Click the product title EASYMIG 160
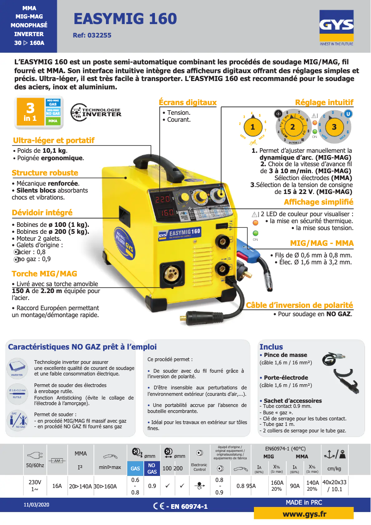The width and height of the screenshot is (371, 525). pos(125,19)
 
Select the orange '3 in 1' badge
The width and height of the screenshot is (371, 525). pos(30,112)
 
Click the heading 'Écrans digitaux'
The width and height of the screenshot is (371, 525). pos(187,102)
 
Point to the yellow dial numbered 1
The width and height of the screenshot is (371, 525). pos(253,126)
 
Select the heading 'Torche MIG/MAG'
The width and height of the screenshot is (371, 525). pos(44,274)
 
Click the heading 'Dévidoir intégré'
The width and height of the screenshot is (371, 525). pos(42,212)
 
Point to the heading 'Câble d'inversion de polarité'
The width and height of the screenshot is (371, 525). pos(299,305)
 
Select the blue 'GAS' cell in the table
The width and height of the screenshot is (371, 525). pos(135,468)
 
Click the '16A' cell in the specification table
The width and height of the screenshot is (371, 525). pos(57,486)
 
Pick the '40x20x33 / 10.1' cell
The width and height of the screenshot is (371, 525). pos(334,486)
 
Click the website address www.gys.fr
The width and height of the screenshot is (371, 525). pos(304,514)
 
